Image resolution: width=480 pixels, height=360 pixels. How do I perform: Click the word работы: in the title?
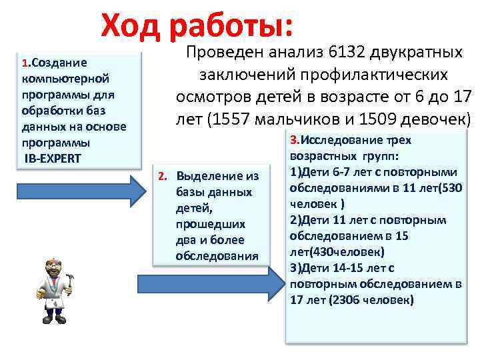click(231, 27)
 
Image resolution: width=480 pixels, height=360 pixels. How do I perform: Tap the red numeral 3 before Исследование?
click(293, 141)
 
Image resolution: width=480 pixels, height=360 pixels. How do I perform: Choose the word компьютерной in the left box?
click(61, 79)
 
